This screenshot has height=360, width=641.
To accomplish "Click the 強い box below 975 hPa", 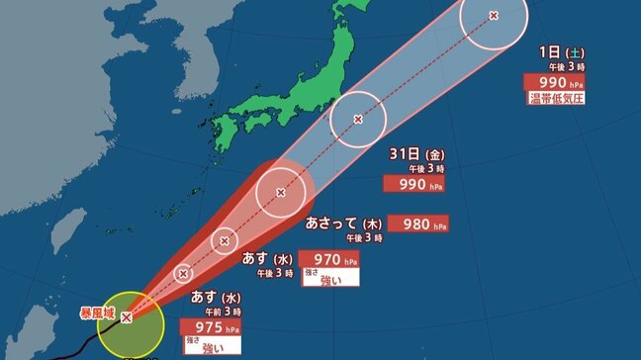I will point(212,347).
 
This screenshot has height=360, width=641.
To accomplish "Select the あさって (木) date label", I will point(344,224).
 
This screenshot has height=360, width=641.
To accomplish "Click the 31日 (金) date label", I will point(413,155).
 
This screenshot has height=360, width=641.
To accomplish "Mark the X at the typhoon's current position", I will point(127,317).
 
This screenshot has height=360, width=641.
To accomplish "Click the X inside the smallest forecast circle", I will point(183,273).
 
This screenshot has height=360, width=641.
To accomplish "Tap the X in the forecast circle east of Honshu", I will point(358,120).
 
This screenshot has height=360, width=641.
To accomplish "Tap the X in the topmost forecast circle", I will point(495,15).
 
